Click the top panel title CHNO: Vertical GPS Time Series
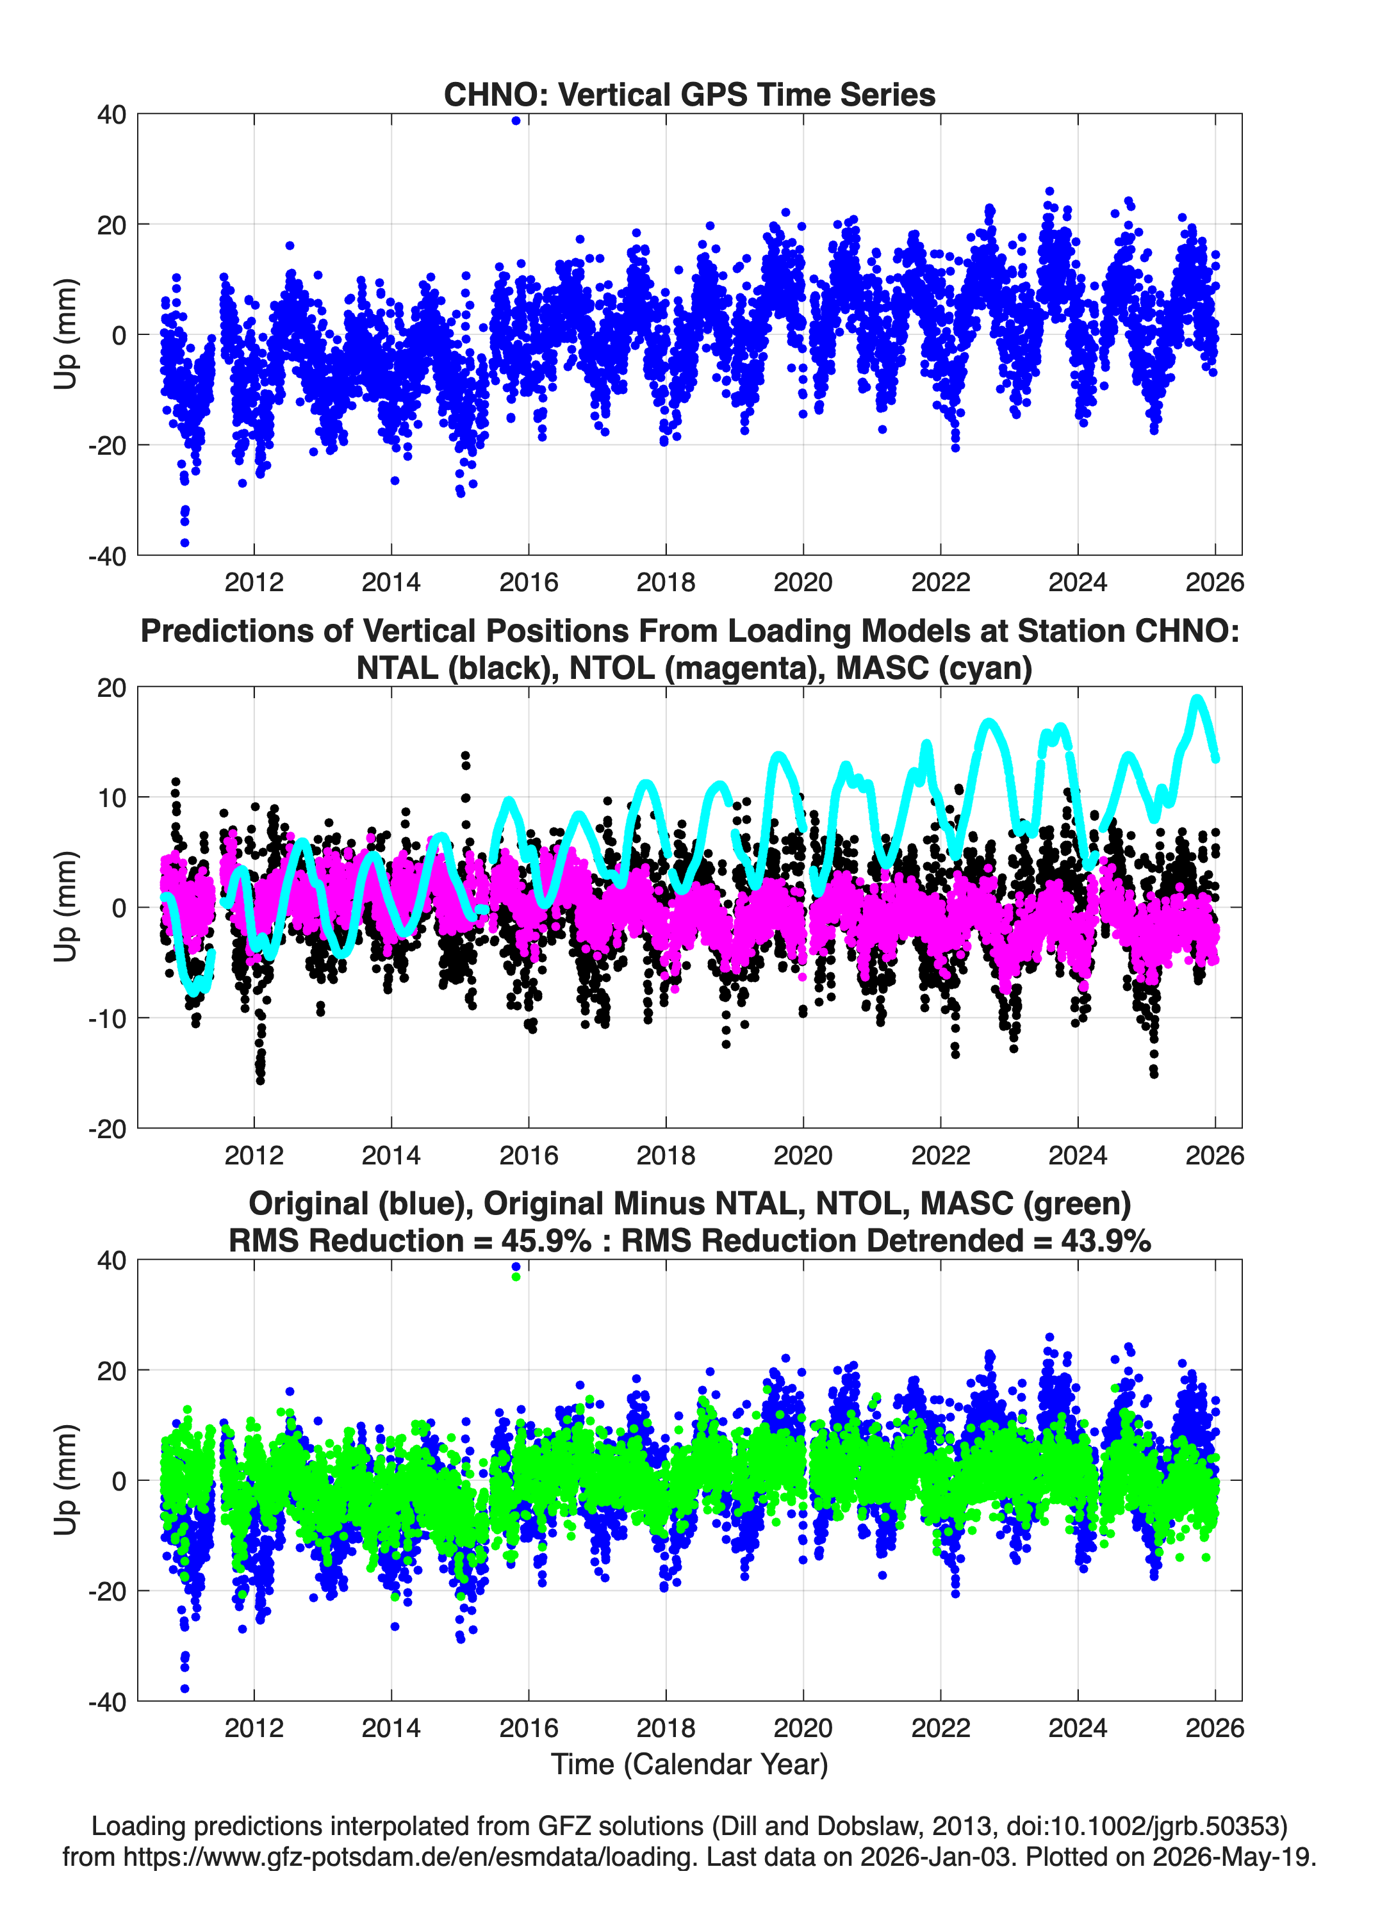coord(689,94)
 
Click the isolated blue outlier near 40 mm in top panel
coord(516,120)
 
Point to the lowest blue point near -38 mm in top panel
coord(185,543)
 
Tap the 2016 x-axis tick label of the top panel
coord(529,582)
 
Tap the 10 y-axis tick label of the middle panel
coord(112,797)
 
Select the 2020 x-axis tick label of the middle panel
coord(803,1155)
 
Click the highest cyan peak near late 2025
coord(1196,699)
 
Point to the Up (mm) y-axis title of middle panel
coord(66,907)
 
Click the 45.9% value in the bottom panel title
coord(546,1241)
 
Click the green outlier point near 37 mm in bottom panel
coord(516,1277)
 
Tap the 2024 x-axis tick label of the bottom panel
coord(1078,1727)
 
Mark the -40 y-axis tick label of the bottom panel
coord(107,1702)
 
